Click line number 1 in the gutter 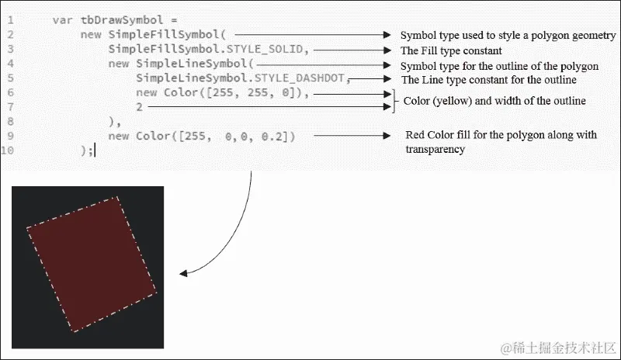(10, 19)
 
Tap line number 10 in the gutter (8, 151)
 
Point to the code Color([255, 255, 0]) (236, 93)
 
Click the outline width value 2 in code (139, 107)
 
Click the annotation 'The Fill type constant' (451, 50)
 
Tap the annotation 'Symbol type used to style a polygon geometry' (508, 36)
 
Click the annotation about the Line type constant (488, 80)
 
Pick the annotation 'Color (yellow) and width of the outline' (494, 102)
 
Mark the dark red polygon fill (92, 264)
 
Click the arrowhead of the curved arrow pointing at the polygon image (183, 273)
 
